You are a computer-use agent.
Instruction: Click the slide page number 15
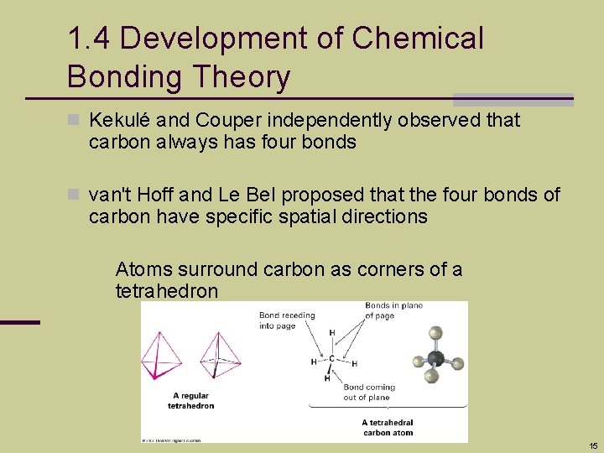click(593, 445)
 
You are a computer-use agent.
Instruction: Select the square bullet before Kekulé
click(74, 121)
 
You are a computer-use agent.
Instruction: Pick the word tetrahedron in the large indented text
click(167, 292)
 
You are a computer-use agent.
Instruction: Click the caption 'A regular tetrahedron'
click(191, 400)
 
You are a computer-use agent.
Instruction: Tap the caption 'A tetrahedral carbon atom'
click(388, 428)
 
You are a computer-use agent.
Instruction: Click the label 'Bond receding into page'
click(287, 320)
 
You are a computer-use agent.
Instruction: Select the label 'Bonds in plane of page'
click(393, 310)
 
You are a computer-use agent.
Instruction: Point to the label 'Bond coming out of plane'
click(369, 392)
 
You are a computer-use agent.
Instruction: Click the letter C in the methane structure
click(331, 359)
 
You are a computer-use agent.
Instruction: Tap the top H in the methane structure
click(331, 334)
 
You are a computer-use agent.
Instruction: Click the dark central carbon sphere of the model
click(435, 358)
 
